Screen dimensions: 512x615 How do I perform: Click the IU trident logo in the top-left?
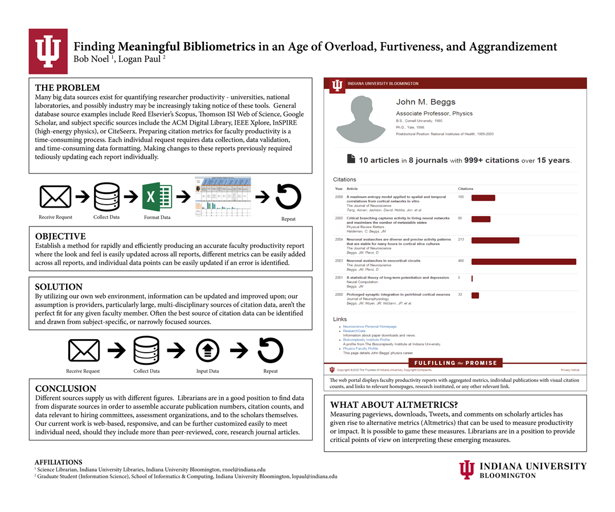(x=48, y=51)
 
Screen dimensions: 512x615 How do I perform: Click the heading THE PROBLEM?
(x=67, y=88)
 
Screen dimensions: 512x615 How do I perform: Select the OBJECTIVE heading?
(x=60, y=237)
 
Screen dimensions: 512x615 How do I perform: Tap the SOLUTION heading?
(x=59, y=287)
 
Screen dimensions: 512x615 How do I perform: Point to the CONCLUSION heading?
(x=65, y=389)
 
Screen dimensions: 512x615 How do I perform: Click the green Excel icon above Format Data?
(x=157, y=197)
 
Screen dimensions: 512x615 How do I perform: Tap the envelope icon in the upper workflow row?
(x=55, y=197)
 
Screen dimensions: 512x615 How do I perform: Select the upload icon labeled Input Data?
(x=207, y=350)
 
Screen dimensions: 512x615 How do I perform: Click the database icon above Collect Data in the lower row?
(x=146, y=350)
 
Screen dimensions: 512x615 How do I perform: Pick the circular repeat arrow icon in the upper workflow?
(x=288, y=197)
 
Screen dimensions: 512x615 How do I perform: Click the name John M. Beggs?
(x=425, y=102)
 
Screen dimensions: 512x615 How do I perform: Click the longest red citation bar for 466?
(x=523, y=262)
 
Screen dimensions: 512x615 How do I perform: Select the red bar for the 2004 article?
(x=495, y=241)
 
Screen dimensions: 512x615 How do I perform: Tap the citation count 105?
(x=461, y=197)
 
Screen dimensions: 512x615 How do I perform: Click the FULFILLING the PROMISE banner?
(x=456, y=363)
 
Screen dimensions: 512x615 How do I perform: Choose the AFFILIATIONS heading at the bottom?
(x=58, y=463)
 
